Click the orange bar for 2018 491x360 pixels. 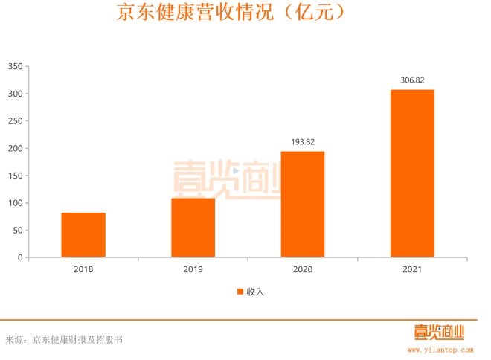(83, 235)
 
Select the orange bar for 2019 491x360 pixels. (193, 228)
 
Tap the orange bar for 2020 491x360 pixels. (302, 205)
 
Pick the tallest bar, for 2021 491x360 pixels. (412, 173)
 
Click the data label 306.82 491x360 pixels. (412, 80)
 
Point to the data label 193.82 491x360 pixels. (302, 141)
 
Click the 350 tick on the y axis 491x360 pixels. (15, 66)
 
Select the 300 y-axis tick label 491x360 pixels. (15, 94)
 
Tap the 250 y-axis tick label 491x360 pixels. (15, 121)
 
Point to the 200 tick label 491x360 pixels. (15, 148)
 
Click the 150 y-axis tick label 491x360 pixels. (15, 176)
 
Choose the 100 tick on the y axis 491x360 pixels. (15, 203)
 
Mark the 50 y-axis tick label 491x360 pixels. (17, 231)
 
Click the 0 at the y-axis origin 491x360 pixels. (20, 257)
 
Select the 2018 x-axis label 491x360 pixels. (83, 270)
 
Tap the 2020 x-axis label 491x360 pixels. (302, 270)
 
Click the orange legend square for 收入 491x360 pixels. (240, 292)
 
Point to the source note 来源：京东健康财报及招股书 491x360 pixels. (64, 340)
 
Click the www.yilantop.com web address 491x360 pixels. (440, 348)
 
